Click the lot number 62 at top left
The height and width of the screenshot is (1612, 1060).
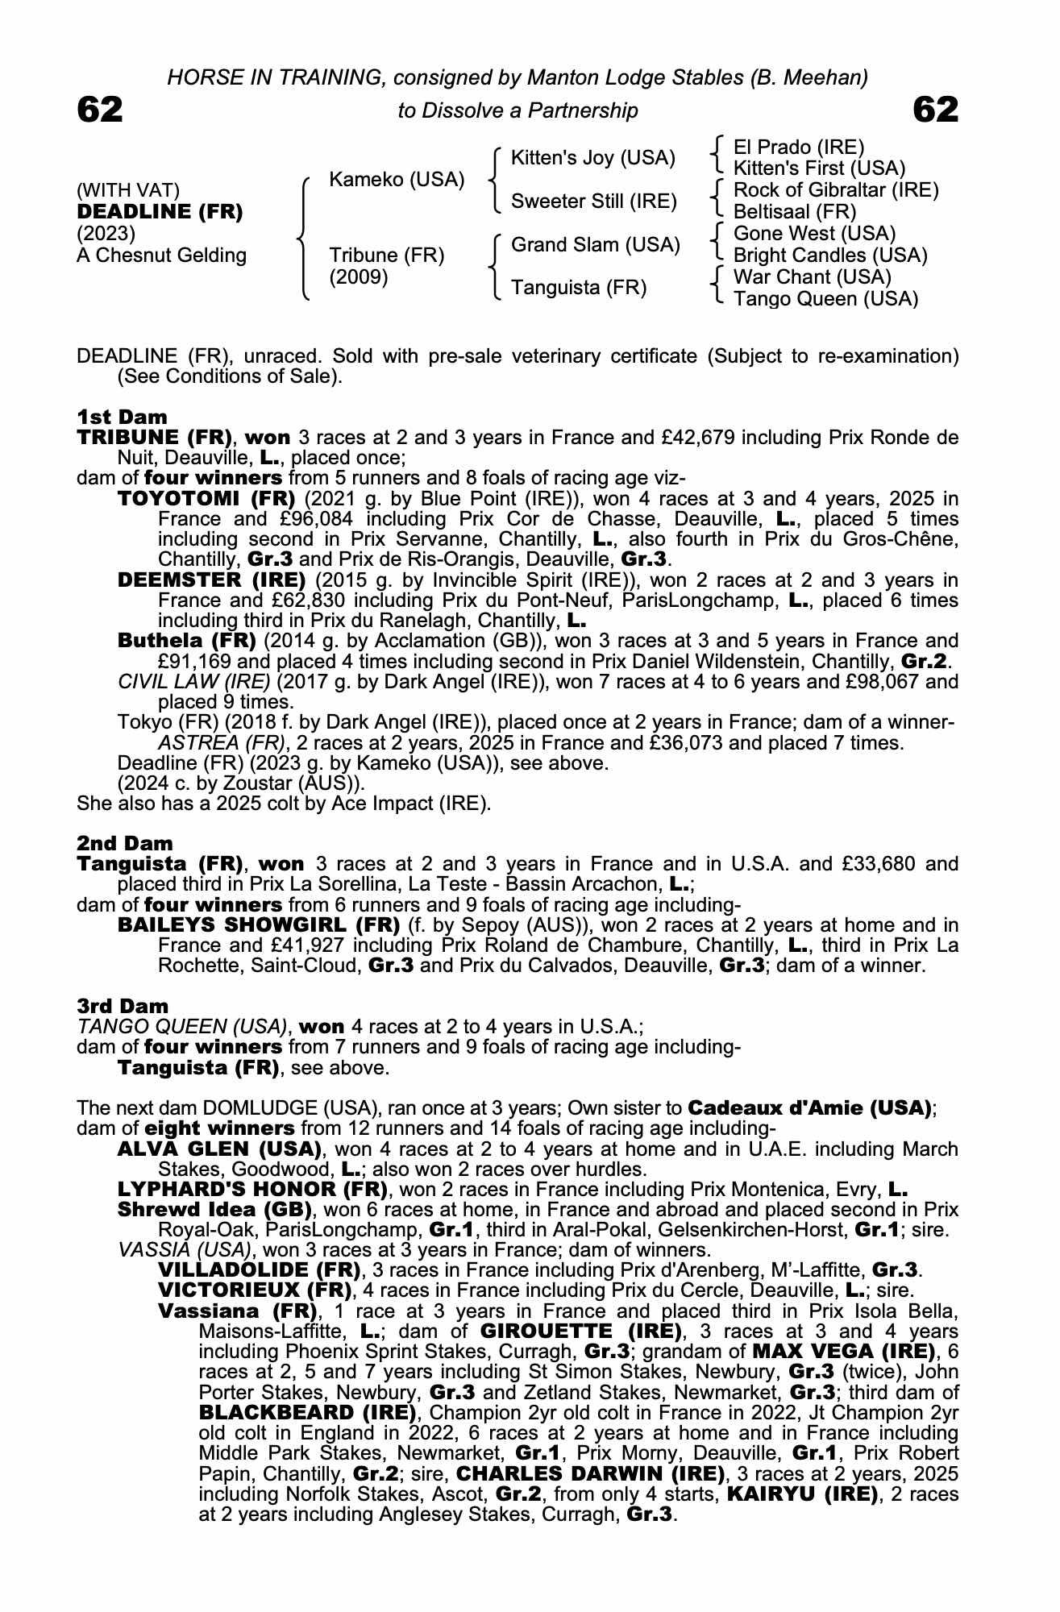tap(100, 110)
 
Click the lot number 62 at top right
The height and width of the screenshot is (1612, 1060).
tap(936, 110)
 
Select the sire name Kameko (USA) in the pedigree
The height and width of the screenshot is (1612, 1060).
tap(397, 180)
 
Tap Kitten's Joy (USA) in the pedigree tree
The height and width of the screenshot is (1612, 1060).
tap(592, 158)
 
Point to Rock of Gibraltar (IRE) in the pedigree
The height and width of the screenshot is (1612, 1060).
tap(836, 190)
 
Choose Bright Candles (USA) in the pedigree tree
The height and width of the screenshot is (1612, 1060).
tap(830, 256)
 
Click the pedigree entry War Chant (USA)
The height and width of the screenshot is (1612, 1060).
tap(813, 277)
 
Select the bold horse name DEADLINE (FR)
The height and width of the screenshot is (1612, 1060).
tap(160, 213)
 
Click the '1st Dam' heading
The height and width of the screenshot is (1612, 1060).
tap(122, 417)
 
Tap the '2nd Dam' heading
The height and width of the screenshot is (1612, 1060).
tap(124, 843)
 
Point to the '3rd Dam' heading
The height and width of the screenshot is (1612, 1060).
tap(123, 1006)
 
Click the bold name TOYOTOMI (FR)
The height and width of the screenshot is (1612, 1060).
tap(206, 499)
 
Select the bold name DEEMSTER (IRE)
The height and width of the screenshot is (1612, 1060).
tap(211, 580)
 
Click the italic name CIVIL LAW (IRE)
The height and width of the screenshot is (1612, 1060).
tap(194, 682)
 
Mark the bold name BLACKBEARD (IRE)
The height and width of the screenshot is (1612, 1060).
tap(307, 1413)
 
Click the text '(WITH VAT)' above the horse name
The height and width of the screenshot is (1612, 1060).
tap(127, 191)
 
